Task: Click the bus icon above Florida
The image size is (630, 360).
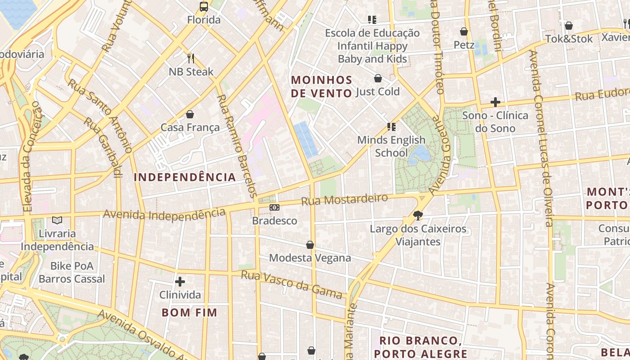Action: pyautogui.click(x=204, y=7)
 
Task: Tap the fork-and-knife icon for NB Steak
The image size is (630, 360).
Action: pyautogui.click(x=191, y=58)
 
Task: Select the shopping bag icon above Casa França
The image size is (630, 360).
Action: pyautogui.click(x=190, y=114)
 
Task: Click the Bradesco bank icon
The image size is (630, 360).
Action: pyautogui.click(x=274, y=207)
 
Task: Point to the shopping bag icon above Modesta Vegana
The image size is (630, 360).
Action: pyautogui.click(x=310, y=245)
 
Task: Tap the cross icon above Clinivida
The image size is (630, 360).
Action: pyautogui.click(x=180, y=282)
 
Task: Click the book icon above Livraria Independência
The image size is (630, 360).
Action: pyautogui.click(x=57, y=220)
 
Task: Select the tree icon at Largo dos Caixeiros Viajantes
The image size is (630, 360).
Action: pyautogui.click(x=418, y=216)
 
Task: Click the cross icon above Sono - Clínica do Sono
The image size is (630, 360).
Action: pyautogui.click(x=495, y=102)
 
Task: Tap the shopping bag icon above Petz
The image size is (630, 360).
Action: pyautogui.click(x=464, y=31)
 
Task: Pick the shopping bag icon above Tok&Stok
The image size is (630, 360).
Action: pyautogui.click(x=569, y=26)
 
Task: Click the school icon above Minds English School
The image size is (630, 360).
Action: pyautogui.click(x=391, y=127)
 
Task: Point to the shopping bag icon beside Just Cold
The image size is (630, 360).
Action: pyautogui.click(x=378, y=79)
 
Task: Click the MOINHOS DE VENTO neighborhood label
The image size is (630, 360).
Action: pyautogui.click(x=321, y=87)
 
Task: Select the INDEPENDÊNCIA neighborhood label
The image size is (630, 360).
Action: pyautogui.click(x=184, y=177)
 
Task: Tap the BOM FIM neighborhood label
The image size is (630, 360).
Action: pyautogui.click(x=189, y=312)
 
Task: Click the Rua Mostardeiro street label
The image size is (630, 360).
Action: pyautogui.click(x=344, y=200)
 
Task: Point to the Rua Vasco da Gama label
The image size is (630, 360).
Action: pyautogui.click(x=292, y=284)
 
